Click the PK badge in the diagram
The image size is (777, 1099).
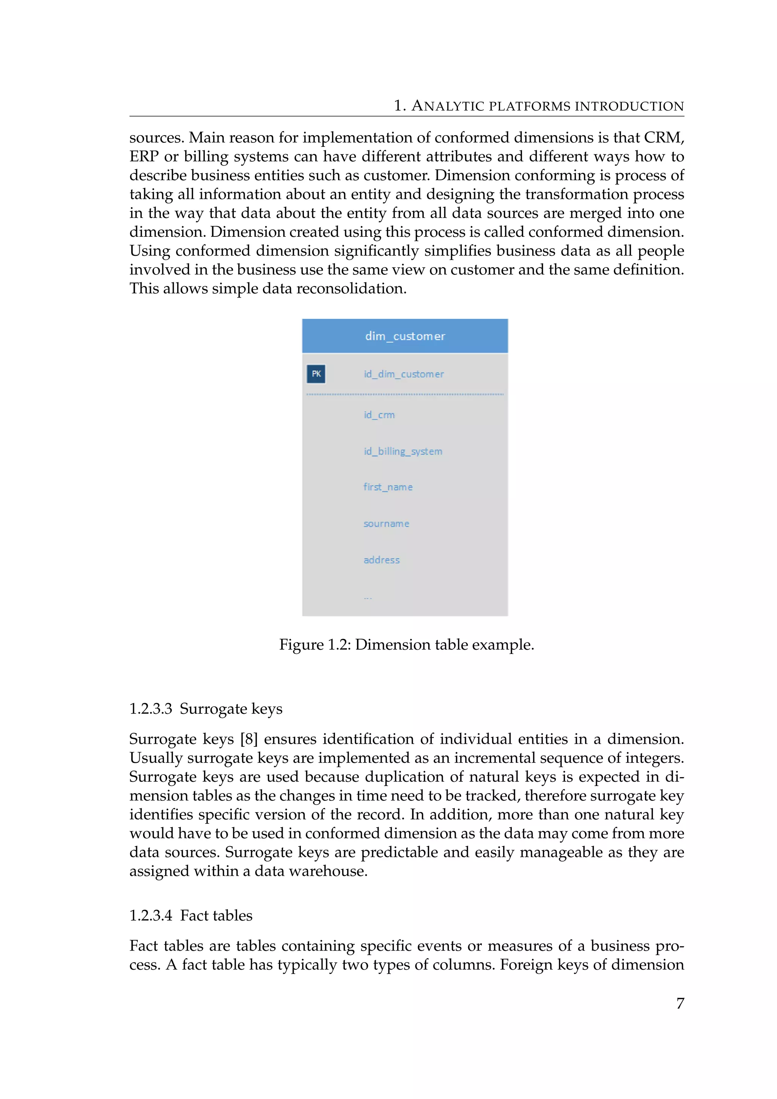(x=316, y=374)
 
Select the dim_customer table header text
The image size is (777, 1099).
(x=405, y=336)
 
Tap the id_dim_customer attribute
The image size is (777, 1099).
(x=403, y=374)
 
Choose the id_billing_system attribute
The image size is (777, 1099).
(x=403, y=451)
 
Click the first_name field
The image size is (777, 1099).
(x=387, y=487)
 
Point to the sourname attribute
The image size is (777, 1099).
(x=386, y=524)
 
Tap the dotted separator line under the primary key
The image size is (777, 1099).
(x=405, y=394)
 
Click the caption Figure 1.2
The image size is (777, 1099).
(x=406, y=645)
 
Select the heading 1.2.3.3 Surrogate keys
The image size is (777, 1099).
(x=206, y=709)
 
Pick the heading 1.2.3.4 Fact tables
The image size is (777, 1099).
(x=190, y=916)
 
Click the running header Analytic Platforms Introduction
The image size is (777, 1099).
(x=539, y=106)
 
